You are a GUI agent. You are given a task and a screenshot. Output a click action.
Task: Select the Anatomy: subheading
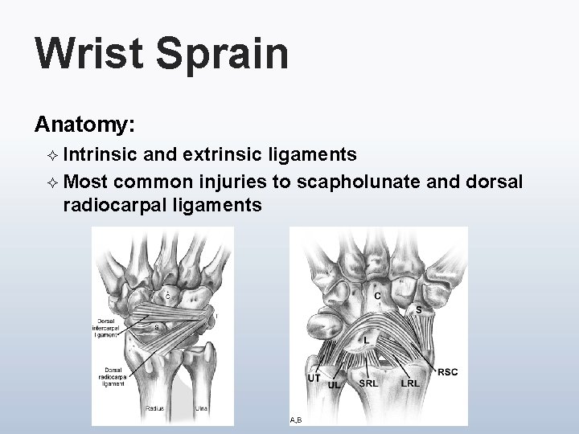coord(84,125)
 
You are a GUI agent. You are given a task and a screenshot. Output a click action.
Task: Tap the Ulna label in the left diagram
coord(203,408)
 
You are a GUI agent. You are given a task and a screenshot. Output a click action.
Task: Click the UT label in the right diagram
coord(315,378)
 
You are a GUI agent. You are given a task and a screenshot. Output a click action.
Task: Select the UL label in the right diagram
coord(334,385)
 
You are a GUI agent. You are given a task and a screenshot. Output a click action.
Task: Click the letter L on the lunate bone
coord(367,340)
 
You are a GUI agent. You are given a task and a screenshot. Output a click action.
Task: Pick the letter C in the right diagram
coord(377,297)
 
